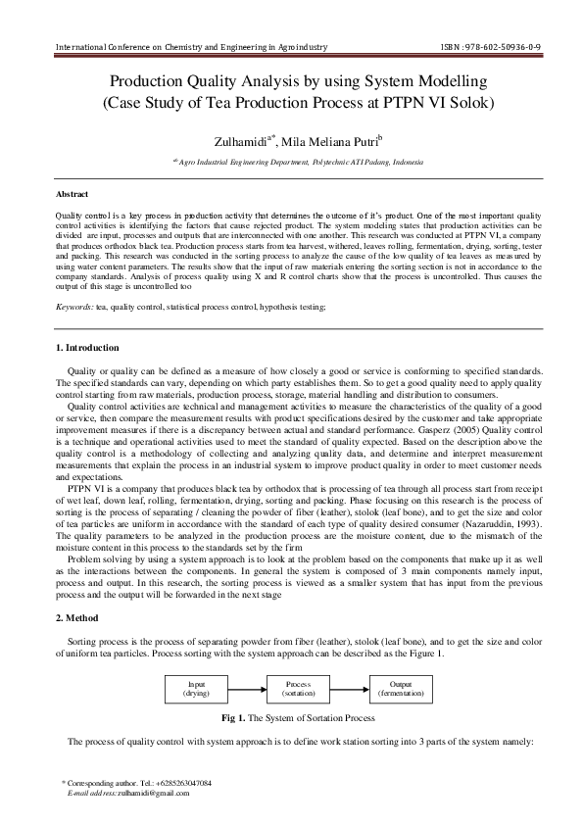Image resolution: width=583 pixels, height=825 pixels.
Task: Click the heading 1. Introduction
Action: coord(87,348)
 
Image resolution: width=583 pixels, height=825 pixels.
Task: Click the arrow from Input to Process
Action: coord(250,687)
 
